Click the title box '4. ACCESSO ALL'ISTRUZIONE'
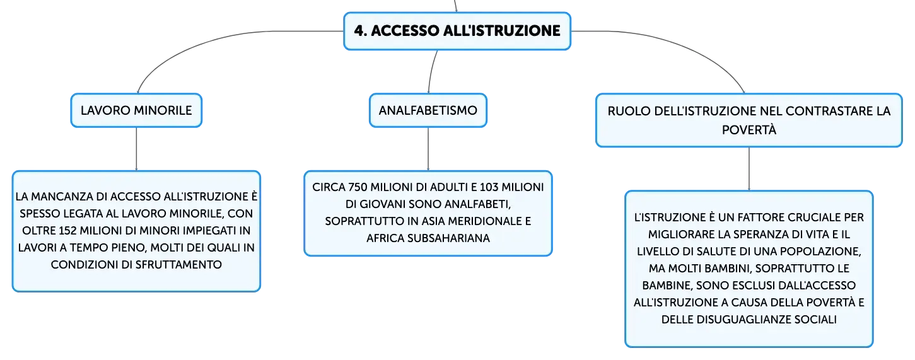pos(457,31)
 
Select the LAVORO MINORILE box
pos(136,110)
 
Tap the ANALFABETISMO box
pos(428,110)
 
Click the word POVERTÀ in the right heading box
pos(749,130)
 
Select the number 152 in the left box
pos(68,231)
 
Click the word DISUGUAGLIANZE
pos(736,320)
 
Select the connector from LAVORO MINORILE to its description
pos(136,149)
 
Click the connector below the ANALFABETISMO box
pos(428,149)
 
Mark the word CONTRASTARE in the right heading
pos(825,111)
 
